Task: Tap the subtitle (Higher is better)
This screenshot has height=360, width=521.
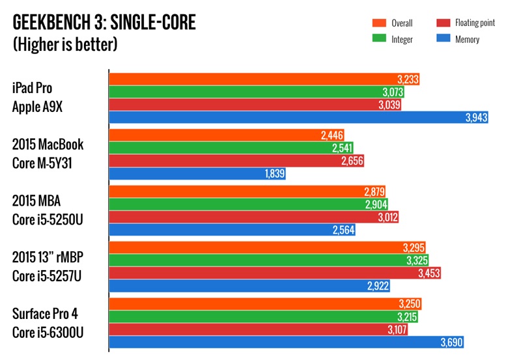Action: [65, 46]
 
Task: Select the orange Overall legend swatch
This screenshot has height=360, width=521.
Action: [376, 23]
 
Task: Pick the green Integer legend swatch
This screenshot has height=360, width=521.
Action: [376, 40]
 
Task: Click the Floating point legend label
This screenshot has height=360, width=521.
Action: [473, 23]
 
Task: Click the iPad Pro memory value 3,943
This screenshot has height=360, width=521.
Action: [475, 118]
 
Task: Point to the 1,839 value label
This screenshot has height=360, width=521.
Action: [273, 174]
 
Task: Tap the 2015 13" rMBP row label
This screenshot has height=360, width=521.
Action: [51, 267]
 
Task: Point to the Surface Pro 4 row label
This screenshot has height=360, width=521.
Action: [51, 324]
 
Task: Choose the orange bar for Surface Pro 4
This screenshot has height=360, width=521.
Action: [254, 304]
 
